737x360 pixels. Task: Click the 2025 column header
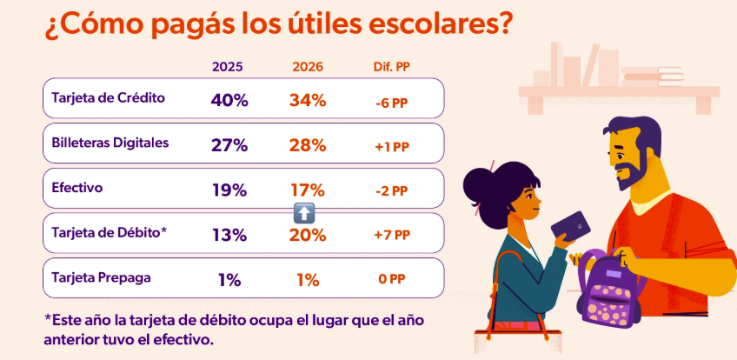coord(228,67)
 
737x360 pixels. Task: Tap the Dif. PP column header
coord(389,67)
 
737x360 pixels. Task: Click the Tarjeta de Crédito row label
coord(108,97)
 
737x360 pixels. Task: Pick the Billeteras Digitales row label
coord(110,143)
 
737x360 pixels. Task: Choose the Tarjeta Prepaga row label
coord(101,278)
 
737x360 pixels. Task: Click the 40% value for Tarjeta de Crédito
coord(229,99)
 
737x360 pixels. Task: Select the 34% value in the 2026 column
coord(308,99)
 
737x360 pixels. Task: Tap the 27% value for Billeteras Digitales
coord(229,144)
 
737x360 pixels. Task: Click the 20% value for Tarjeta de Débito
coord(308,235)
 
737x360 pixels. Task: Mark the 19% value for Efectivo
coord(229,190)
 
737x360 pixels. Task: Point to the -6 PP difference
coord(390,101)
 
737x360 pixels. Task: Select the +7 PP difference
coord(390,236)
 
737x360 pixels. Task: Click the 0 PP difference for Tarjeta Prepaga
coord(390,280)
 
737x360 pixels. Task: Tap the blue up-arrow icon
coord(303,211)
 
